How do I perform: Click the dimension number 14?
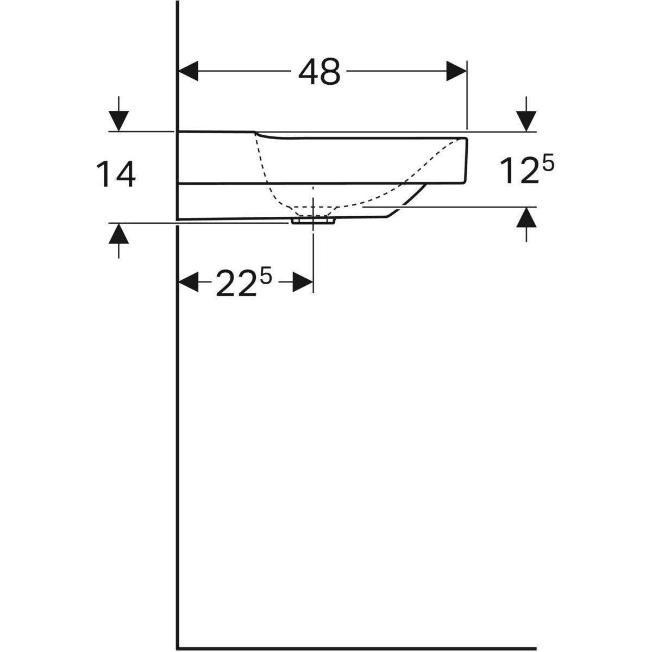116,175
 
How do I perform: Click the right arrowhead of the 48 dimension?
456,71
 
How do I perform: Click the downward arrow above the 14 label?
119,118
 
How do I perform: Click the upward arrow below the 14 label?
119,235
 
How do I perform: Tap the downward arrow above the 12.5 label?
526,118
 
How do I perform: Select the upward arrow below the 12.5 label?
526,219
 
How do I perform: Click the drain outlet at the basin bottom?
313,221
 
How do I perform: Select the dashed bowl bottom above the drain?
313,207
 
